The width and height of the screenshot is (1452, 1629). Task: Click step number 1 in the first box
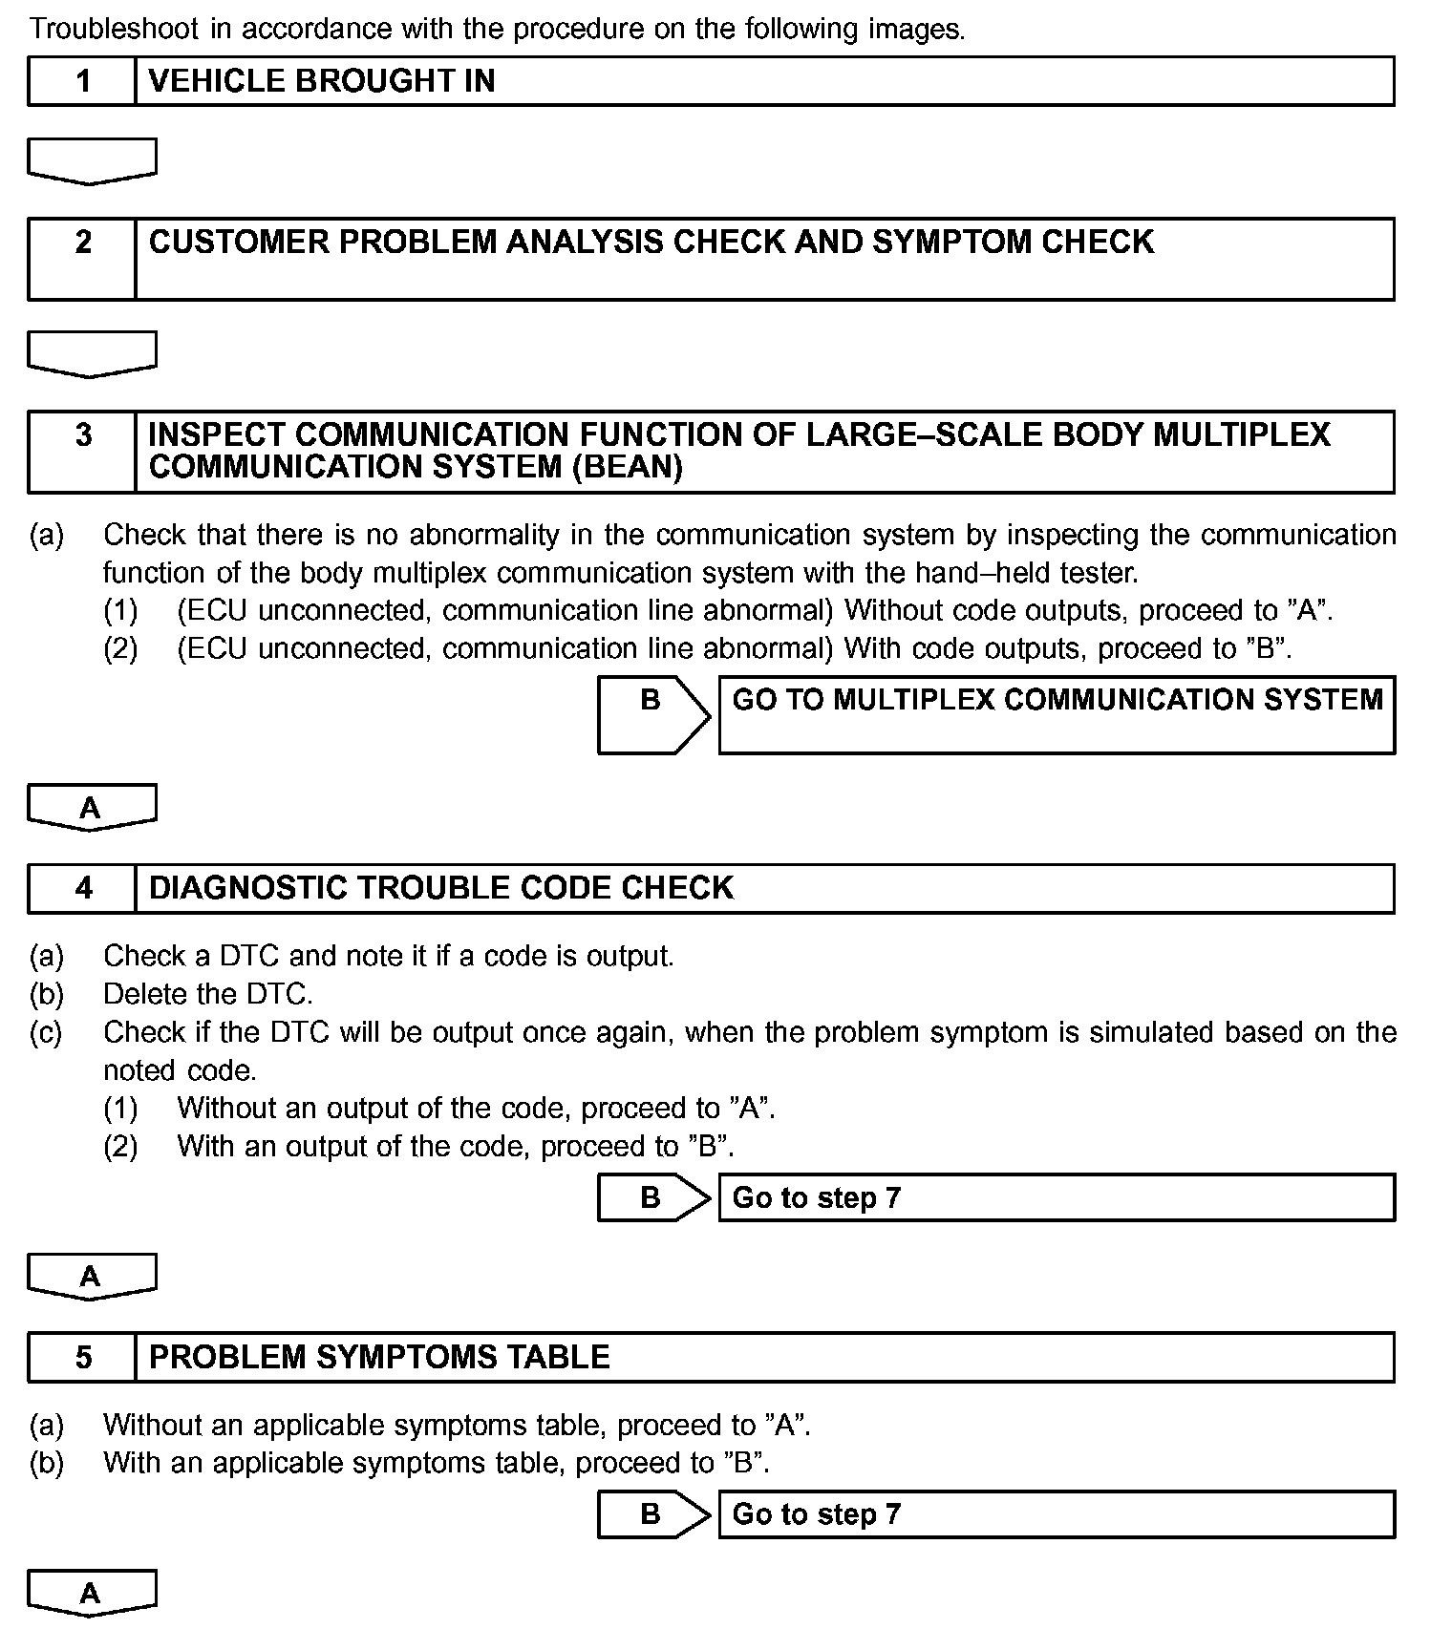tap(83, 81)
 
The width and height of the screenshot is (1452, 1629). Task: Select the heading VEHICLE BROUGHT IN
tap(322, 81)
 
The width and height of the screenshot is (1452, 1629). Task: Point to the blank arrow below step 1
tap(92, 160)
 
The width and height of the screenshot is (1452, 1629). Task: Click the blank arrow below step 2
tap(92, 353)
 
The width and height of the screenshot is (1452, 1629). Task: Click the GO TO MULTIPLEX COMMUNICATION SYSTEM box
tap(1057, 714)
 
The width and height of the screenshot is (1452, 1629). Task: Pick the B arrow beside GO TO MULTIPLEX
tap(653, 714)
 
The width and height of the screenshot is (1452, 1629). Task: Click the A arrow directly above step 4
tap(92, 808)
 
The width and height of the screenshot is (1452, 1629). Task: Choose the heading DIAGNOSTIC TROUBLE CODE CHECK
tap(441, 888)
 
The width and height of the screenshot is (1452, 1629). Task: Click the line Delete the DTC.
tap(208, 994)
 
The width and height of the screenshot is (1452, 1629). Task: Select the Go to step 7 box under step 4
tap(1057, 1197)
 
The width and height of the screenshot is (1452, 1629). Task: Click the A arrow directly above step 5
tap(92, 1277)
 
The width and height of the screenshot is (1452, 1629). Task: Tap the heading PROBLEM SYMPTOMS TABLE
tap(379, 1357)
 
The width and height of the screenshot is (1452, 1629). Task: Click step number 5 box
tap(83, 1357)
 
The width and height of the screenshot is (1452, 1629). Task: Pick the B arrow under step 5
tap(653, 1514)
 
